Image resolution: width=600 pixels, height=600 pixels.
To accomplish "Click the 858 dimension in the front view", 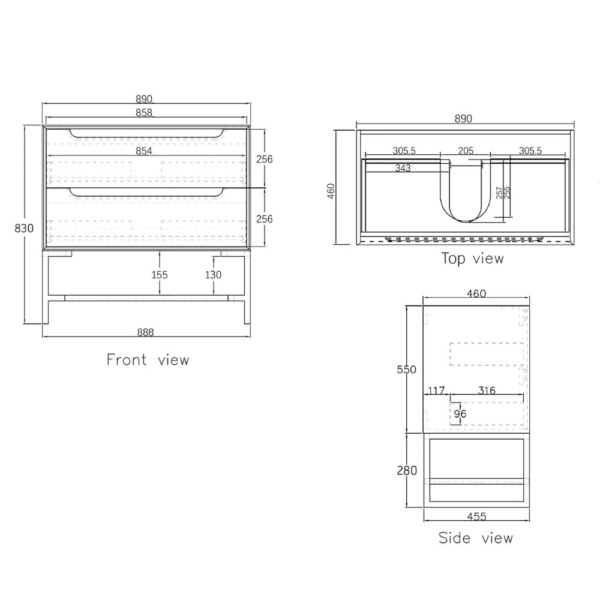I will pos(144,112).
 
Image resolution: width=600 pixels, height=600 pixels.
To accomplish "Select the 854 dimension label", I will pos(143,151).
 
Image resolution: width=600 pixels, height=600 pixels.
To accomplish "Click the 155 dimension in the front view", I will pos(159,275).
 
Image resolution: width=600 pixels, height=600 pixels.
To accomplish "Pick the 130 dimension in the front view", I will pos(213,275).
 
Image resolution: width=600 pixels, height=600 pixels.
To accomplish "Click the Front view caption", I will pos(148,360).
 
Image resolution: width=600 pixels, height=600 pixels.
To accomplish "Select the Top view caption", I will pos(473,259).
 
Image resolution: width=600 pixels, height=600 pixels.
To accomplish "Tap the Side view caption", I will pos(476,538).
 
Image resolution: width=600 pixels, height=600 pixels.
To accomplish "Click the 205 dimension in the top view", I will pos(466,151).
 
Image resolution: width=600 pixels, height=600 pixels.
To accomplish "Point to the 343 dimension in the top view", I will pos(403,168).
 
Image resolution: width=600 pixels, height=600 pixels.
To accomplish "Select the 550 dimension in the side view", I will pos(406,370).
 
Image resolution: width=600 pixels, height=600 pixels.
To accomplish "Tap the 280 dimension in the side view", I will pos(406,470).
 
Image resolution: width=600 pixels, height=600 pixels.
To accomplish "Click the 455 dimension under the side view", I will pos(476,516).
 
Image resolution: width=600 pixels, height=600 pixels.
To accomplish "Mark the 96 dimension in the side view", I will pos(460,413).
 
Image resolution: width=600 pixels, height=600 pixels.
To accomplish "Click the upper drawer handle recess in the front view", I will pos(147,133).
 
